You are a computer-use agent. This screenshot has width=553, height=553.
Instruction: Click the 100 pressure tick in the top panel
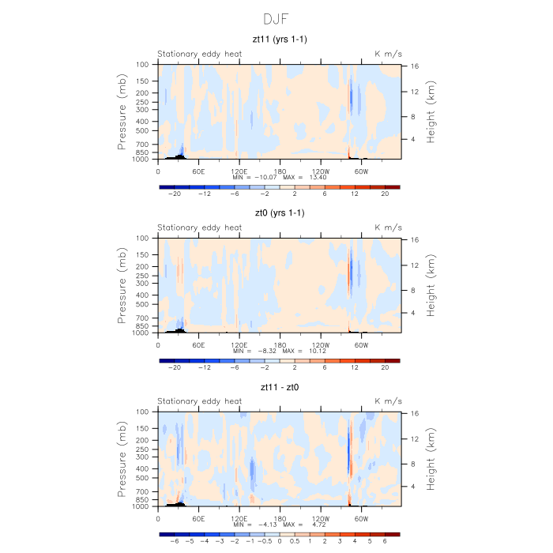143,64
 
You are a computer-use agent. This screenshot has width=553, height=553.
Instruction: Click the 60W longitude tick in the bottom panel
361,518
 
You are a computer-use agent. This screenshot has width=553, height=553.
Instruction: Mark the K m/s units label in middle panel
388,228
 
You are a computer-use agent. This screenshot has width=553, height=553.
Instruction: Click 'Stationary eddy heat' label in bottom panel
199,401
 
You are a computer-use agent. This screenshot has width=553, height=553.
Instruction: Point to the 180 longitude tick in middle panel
280,344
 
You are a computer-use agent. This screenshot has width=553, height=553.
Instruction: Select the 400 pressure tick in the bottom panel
143,468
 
